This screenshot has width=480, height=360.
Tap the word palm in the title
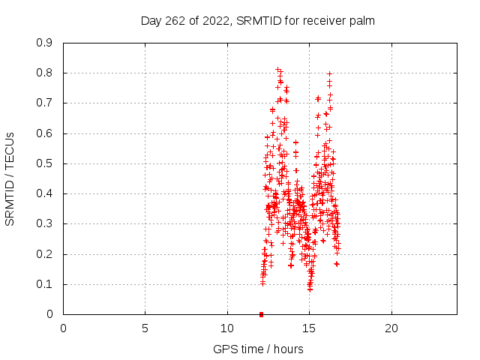point(361,20)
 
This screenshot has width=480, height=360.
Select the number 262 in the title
point(174,20)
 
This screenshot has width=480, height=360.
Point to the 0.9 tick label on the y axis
point(45,43)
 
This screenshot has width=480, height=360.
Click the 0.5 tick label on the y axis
point(45,163)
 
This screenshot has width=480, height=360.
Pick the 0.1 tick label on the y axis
point(45,284)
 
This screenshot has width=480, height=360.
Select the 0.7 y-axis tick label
point(45,103)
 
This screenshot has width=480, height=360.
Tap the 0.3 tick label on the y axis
point(45,223)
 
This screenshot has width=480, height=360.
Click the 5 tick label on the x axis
point(145,328)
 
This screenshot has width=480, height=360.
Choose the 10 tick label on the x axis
point(227,328)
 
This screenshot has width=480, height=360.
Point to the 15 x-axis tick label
point(309,328)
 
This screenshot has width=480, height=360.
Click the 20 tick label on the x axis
point(391,328)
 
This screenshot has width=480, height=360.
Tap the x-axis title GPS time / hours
point(259,349)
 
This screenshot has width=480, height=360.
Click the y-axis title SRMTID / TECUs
point(10,178)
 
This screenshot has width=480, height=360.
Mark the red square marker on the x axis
point(261,314)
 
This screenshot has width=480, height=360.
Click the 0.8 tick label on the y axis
point(45,73)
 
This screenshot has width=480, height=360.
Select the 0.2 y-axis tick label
point(45,254)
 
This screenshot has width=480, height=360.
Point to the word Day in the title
point(151,20)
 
